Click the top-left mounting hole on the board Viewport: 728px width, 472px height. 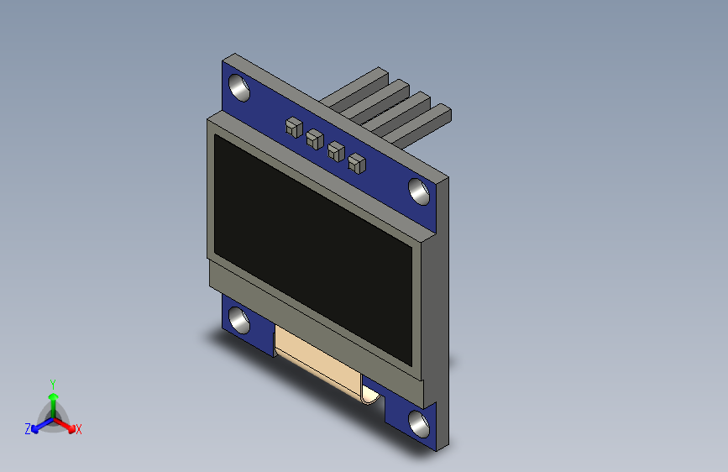(x=238, y=87)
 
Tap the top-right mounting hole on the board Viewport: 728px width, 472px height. (x=419, y=191)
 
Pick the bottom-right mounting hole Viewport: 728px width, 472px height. (x=418, y=422)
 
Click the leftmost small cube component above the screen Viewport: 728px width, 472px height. (x=293, y=128)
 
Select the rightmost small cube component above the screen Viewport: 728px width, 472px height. (x=357, y=163)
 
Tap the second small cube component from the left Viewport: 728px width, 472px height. (x=315, y=139)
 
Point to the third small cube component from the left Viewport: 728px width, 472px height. (x=336, y=152)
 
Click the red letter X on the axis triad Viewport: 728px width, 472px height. (x=79, y=429)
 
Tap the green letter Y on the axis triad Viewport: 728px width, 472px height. (x=53, y=382)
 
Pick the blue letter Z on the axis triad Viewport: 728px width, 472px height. (x=28, y=429)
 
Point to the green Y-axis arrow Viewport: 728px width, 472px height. (x=53, y=399)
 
